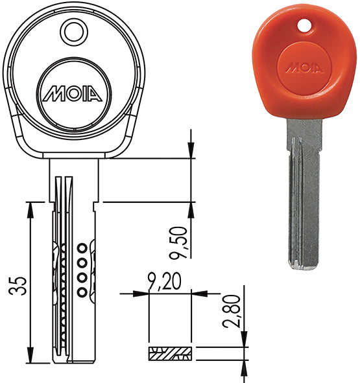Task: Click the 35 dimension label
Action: [18, 286]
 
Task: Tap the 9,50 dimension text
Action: [178, 243]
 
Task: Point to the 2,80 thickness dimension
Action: [231, 311]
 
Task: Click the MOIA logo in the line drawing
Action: [73, 93]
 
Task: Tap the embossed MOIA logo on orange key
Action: [304, 67]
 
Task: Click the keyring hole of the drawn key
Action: [74, 32]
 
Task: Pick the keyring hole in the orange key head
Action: [304, 26]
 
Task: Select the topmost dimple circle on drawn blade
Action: [82, 249]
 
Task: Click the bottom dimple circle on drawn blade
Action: [82, 292]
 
